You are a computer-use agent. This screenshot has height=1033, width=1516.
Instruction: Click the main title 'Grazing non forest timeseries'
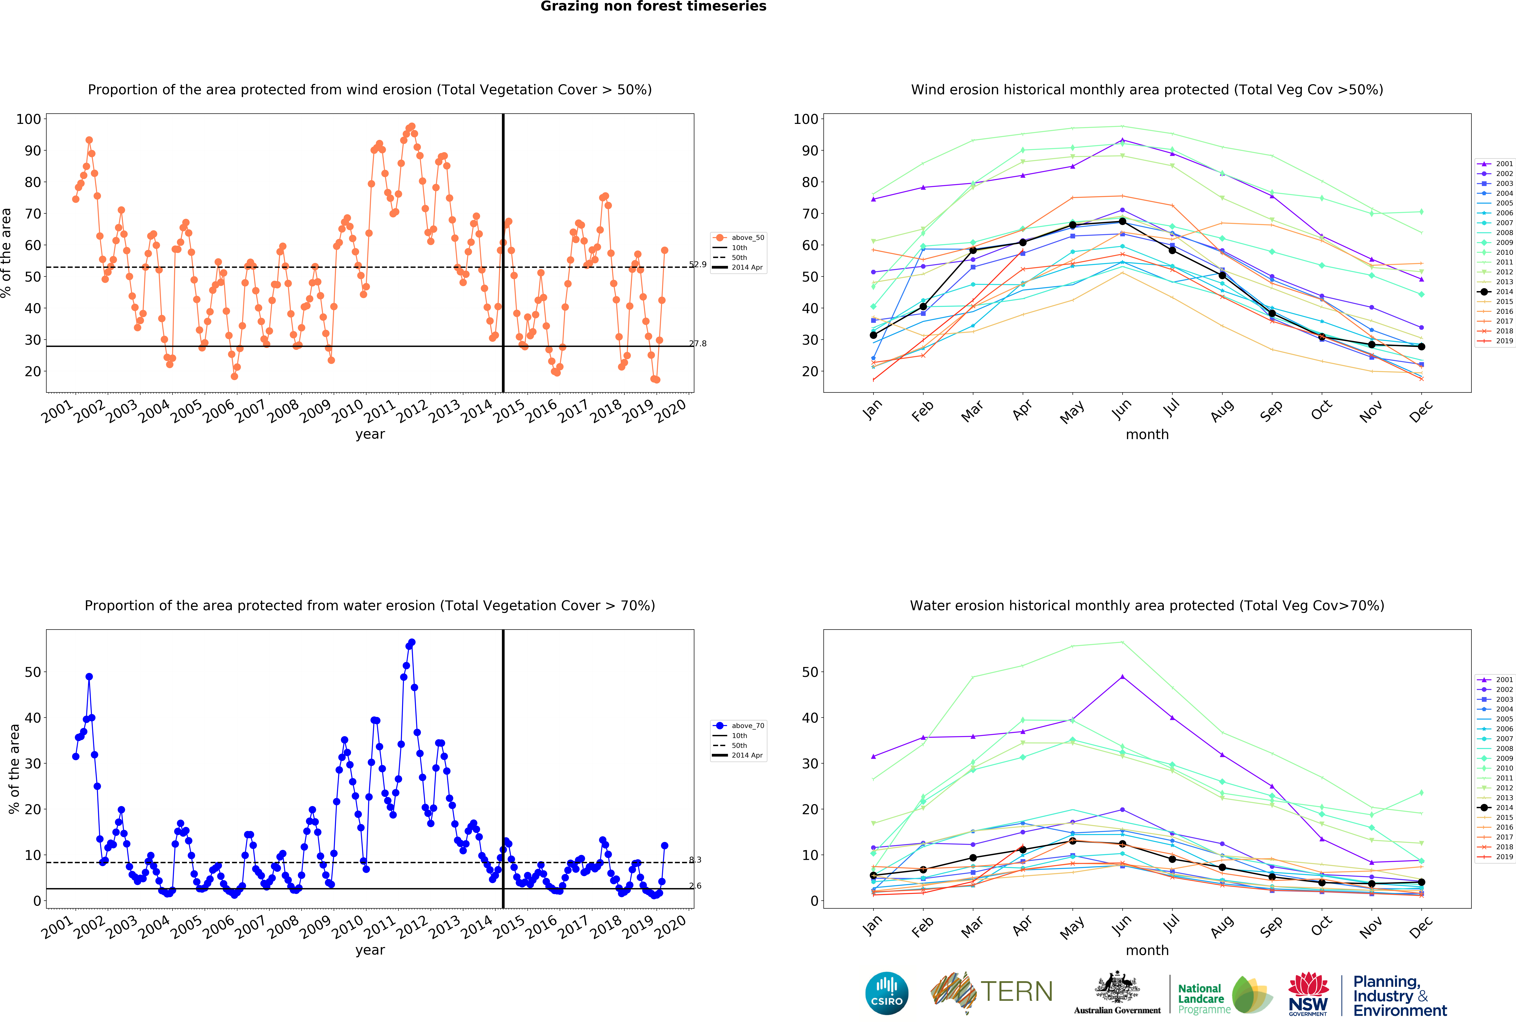point(653,6)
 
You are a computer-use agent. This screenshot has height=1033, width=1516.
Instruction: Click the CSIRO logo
point(887,993)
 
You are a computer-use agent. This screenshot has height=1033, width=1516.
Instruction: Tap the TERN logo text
point(1016,992)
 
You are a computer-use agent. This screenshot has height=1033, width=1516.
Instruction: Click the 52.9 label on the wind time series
point(697,264)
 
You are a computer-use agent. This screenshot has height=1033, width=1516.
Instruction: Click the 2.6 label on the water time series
point(695,886)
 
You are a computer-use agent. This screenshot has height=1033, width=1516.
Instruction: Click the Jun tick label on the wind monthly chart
point(1121,409)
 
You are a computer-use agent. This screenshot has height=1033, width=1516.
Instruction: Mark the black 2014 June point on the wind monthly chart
point(1122,222)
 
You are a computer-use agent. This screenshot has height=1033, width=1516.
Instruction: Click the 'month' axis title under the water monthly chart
point(1147,950)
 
